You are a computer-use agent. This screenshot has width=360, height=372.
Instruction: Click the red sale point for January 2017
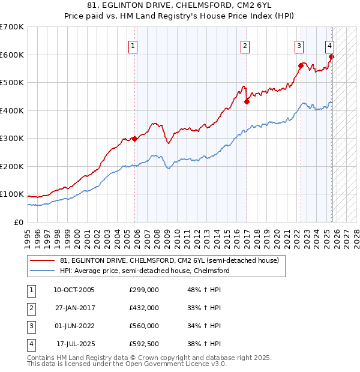coord(247,102)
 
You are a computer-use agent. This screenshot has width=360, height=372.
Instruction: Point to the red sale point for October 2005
coord(134,139)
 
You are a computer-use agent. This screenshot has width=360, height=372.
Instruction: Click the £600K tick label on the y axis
coord(12,55)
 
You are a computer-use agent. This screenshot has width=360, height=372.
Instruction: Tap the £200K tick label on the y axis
coord(12,166)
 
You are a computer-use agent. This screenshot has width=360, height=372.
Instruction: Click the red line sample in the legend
coord(43,261)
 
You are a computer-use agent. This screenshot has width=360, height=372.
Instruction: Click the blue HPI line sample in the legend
coord(43,271)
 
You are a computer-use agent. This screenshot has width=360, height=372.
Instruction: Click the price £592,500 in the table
coord(144,344)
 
